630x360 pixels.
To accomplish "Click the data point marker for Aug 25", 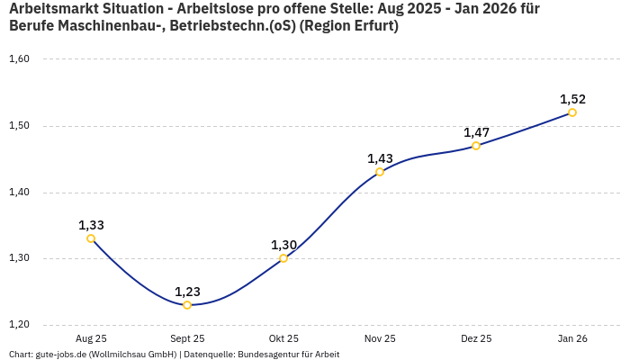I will click(x=91, y=238).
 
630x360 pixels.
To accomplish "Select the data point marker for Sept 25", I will click(x=187, y=305).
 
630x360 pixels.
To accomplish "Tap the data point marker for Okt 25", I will click(x=283, y=258).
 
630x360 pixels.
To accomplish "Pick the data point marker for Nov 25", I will click(x=380, y=172).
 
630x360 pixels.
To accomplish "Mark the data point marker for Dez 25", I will click(x=476, y=146).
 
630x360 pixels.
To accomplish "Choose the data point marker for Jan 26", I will click(x=572, y=112).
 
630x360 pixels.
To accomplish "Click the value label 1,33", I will click(x=91, y=225).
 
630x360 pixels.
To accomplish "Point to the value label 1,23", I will click(x=187, y=292).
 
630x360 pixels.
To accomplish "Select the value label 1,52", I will click(x=572, y=99).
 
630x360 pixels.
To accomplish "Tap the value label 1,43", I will click(x=380, y=158).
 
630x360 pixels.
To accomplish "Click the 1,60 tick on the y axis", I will click(x=19, y=59).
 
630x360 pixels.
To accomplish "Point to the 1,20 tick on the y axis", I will click(x=19, y=325).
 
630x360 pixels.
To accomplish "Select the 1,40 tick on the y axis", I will click(x=19, y=193).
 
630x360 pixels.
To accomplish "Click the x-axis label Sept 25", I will click(x=187, y=338).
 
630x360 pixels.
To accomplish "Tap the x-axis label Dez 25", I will click(x=476, y=338).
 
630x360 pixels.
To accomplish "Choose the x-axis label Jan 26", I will click(x=572, y=338).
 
